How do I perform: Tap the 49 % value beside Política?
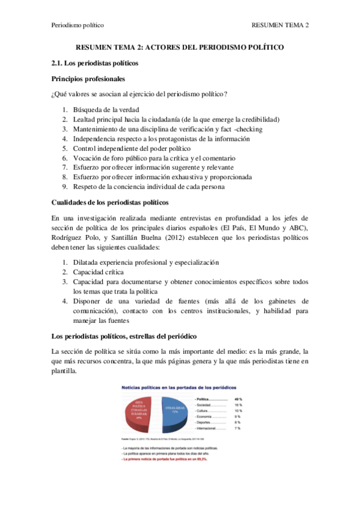(237, 399)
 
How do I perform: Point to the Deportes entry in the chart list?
(206, 422)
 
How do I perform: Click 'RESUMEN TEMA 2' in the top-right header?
(279, 25)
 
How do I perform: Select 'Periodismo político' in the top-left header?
(78, 25)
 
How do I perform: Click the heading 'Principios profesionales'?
(88, 78)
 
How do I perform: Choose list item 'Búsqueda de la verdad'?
(106, 109)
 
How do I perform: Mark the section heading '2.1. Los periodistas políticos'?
(95, 63)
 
